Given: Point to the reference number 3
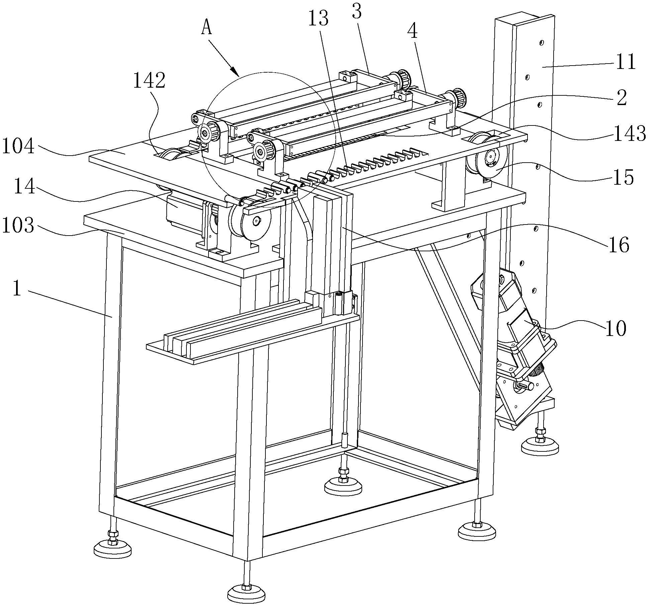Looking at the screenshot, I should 357,12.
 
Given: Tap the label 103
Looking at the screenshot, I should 18,226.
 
